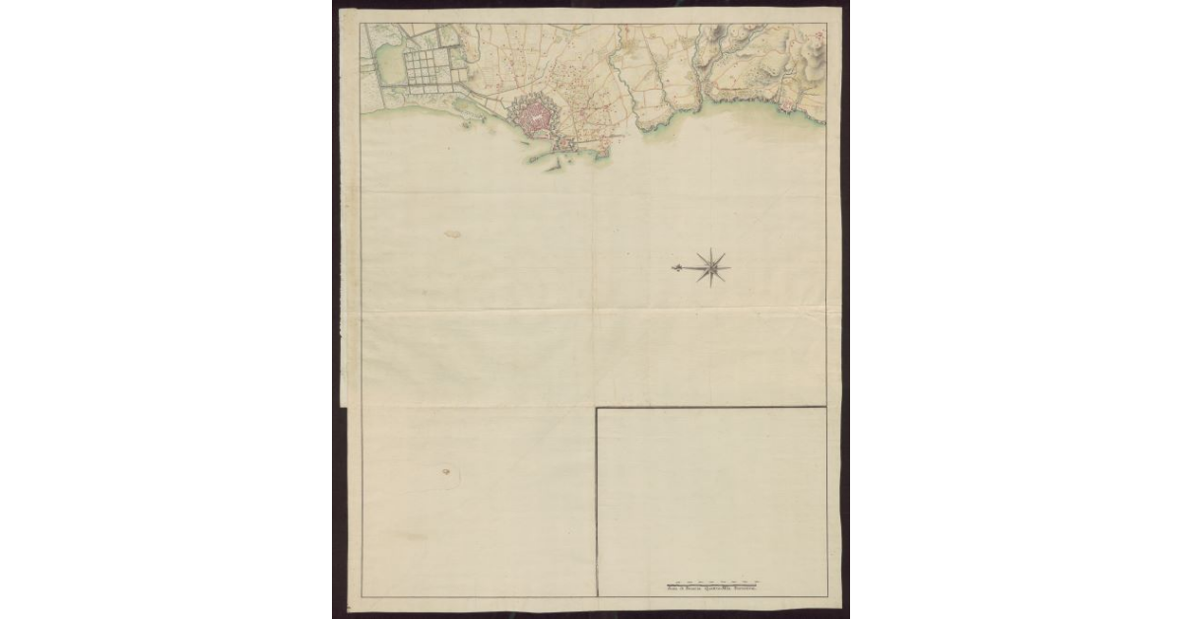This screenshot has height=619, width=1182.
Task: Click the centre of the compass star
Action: tap(711, 266)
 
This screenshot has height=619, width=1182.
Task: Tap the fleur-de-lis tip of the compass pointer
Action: tap(676, 267)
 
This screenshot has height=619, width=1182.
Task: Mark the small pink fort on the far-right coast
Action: tap(787, 105)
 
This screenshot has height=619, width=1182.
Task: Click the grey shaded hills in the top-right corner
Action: tap(814, 61)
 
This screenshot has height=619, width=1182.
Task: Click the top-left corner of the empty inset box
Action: tap(597, 408)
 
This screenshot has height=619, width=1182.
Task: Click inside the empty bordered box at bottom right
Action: tap(711, 493)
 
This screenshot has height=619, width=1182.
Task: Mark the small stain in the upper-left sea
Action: tap(452, 235)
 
